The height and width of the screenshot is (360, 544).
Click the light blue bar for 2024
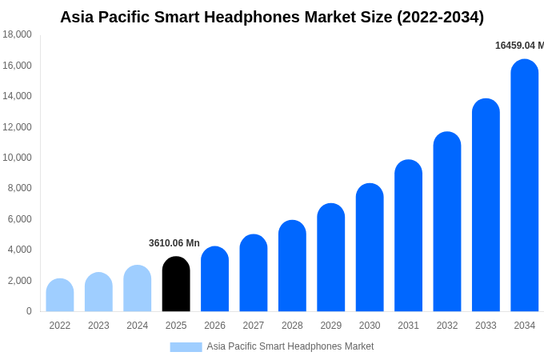[x=138, y=289]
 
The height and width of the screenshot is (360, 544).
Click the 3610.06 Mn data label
[x=174, y=243]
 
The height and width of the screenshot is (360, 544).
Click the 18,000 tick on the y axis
[x=17, y=34]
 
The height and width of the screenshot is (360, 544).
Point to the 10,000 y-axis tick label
[x=17, y=158]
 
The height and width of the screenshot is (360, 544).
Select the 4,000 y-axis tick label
[x=19, y=250]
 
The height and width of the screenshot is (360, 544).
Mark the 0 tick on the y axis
[x=29, y=311]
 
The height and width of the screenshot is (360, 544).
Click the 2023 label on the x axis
[x=98, y=326]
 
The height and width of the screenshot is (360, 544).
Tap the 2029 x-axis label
[x=331, y=326]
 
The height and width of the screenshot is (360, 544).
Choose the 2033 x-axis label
[x=486, y=326]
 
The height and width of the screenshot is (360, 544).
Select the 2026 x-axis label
[x=214, y=326]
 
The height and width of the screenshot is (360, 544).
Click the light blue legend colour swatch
[x=186, y=347]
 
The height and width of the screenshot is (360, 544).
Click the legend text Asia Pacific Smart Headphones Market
[x=290, y=346]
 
